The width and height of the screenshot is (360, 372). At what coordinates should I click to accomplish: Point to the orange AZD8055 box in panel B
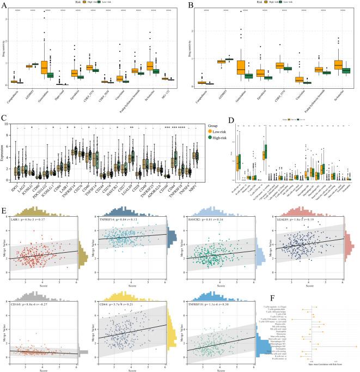(219, 62)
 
